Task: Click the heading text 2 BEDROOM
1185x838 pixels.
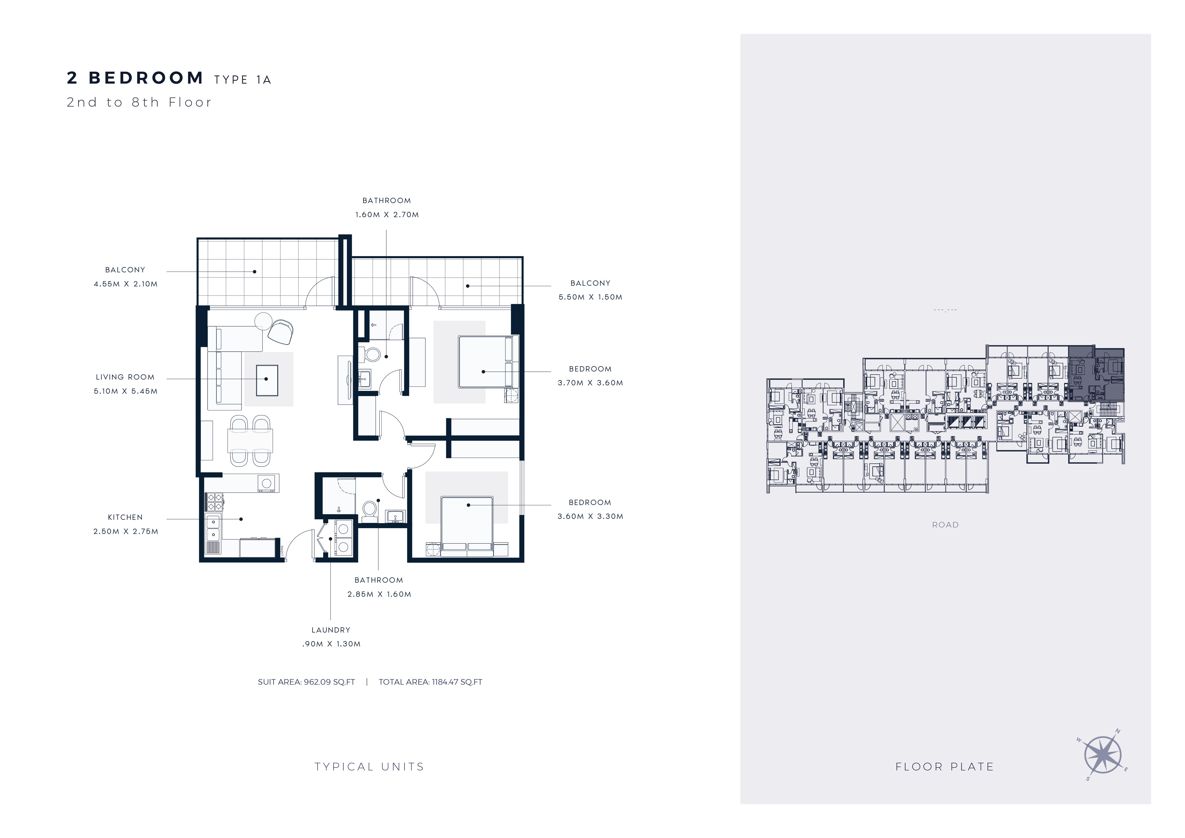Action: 135,78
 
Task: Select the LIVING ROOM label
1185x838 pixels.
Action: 125,377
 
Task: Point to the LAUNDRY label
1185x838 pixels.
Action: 331,630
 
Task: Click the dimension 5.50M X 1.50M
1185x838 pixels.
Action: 590,297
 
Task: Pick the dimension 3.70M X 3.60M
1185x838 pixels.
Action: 590,383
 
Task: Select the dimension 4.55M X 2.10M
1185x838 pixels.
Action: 125,284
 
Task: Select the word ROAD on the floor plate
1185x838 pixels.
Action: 945,525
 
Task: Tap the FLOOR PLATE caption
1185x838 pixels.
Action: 944,767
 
